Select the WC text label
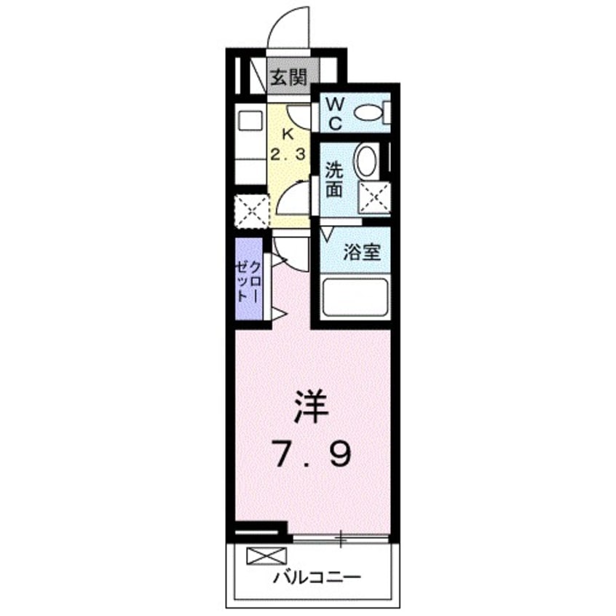click(333, 112)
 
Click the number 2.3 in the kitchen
click(289, 154)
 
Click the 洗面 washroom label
click(334, 180)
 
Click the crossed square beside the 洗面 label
click(376, 196)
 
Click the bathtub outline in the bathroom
click(354, 298)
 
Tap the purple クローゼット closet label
click(248, 280)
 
